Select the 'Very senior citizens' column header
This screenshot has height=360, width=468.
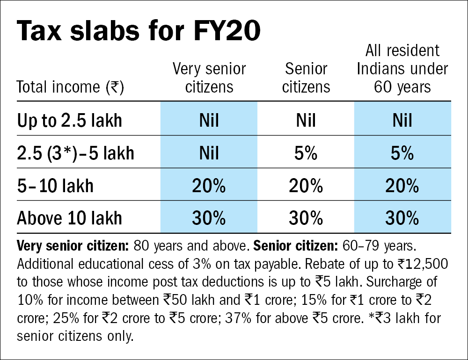click(209, 78)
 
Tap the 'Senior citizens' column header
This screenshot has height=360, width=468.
click(307, 78)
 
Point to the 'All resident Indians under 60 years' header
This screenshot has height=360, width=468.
click(402, 69)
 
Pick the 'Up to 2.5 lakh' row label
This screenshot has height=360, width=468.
click(70, 121)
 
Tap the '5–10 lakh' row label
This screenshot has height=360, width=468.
click(55, 186)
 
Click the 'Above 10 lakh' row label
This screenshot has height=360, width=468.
click(70, 218)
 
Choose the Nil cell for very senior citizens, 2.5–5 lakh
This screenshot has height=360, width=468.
click(209, 153)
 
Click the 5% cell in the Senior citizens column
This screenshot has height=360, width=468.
click(306, 153)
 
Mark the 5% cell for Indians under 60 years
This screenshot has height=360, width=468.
click(402, 153)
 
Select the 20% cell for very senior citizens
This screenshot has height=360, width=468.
click(209, 186)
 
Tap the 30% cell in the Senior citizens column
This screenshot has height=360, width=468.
click(306, 218)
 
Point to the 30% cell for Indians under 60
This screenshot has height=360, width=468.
click(402, 218)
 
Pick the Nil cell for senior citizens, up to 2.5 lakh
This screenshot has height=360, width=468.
click(306, 121)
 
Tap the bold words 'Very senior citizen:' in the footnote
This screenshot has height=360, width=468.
click(73, 246)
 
